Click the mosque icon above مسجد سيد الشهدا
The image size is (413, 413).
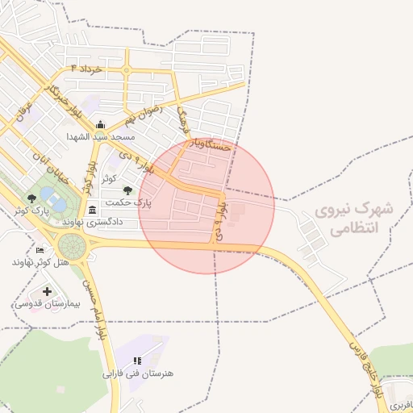tap(100, 124)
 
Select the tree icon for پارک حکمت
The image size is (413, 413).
tap(127, 190)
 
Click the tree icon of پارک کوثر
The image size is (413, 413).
tap(31, 198)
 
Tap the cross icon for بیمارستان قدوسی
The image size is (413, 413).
tap(47, 291)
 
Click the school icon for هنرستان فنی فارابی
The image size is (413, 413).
tap(137, 361)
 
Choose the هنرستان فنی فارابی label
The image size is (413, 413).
tap(138, 373)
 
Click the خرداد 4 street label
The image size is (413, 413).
tap(87, 69)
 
